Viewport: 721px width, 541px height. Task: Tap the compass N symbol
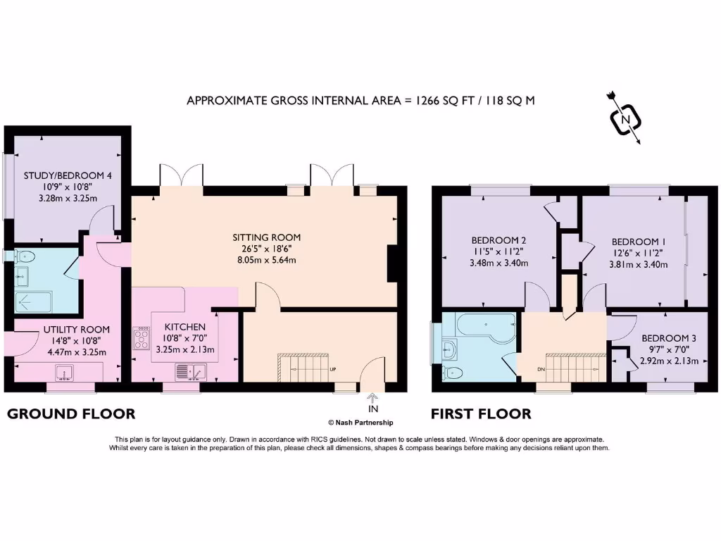625,120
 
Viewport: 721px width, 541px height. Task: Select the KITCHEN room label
184,327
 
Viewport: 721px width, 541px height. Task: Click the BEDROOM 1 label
639,242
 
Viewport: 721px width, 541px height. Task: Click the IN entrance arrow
372,403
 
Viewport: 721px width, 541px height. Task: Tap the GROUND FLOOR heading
71,413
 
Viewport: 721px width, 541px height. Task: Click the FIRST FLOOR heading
481,413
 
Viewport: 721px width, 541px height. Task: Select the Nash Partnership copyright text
360,423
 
